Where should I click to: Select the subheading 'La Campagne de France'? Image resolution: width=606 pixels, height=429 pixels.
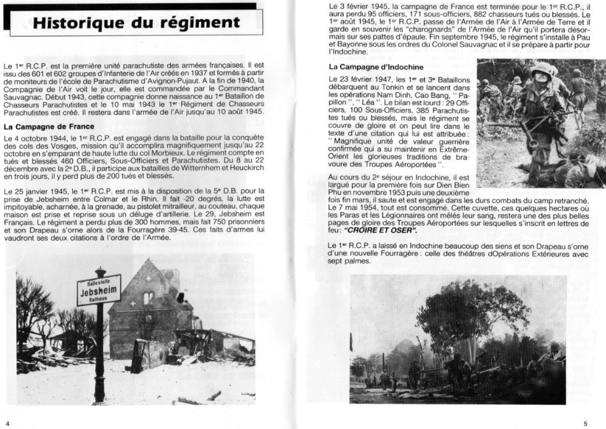click(48, 127)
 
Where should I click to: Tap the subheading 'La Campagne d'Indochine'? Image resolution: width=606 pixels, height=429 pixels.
click(376, 67)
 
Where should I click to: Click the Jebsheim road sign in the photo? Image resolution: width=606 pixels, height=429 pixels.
click(99, 290)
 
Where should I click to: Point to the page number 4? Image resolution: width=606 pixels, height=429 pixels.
click(7, 422)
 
